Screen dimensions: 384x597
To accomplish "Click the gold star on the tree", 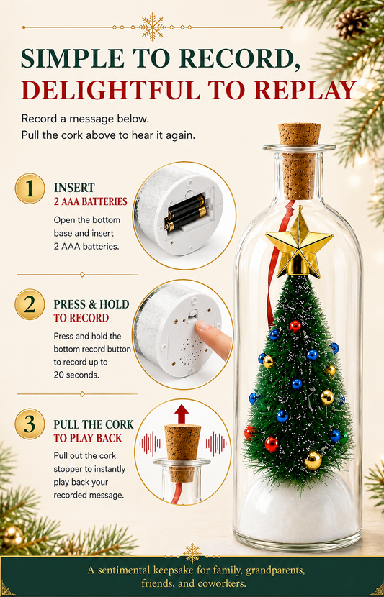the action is (x=298, y=243).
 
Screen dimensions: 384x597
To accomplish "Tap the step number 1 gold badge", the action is (x=30, y=188).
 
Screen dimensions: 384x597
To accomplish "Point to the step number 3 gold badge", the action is (x=30, y=424).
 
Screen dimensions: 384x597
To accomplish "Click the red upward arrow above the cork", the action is (x=182, y=414).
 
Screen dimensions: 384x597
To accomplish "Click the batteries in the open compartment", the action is (x=186, y=212).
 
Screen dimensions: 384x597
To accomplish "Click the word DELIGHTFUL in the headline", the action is (x=109, y=91).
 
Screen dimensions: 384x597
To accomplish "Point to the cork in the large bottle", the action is (x=299, y=160).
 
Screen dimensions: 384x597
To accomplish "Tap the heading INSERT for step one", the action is (x=74, y=188).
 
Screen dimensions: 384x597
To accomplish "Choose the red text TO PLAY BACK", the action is (x=88, y=438).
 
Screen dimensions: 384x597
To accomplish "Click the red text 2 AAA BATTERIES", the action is (x=90, y=201).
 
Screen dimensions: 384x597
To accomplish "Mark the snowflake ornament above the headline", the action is (x=153, y=27).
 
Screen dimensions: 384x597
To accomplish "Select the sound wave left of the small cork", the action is (x=151, y=444).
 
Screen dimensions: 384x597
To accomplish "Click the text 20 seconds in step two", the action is (x=76, y=375).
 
